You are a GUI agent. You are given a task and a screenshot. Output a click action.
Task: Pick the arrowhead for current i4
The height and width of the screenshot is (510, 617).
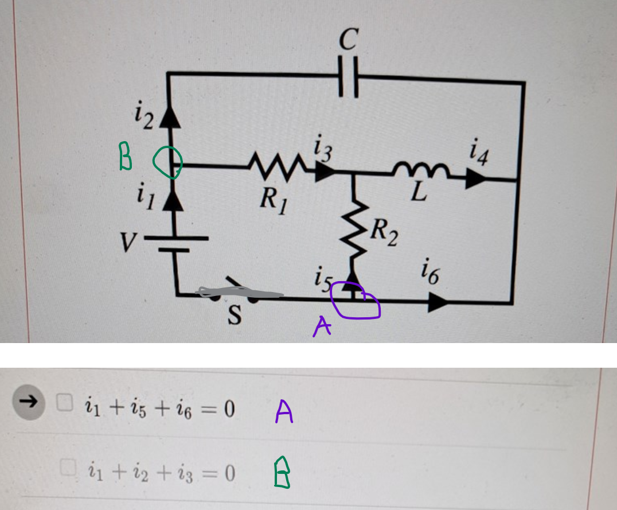pos(476,179)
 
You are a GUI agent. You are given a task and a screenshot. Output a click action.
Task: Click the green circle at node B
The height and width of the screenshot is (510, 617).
pos(167,162)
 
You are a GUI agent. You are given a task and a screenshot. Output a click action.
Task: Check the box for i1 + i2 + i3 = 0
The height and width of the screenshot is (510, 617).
pos(70,471)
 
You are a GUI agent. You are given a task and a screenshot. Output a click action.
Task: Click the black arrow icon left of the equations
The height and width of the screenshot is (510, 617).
pos(29,402)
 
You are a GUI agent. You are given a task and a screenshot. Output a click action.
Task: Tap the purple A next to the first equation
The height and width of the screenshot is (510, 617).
pos(284,411)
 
